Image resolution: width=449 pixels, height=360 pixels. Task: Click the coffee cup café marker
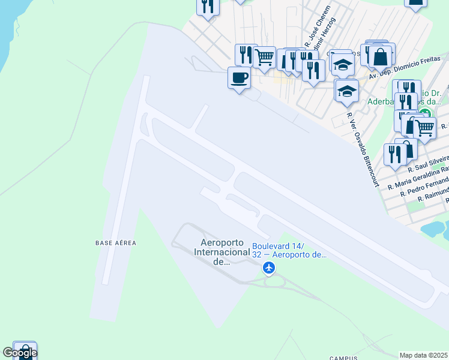pyautogui.click(x=239, y=77)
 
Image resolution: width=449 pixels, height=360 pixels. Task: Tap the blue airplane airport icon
pyautogui.click(x=269, y=267)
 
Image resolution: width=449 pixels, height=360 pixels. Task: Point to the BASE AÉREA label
pyautogui.click(x=116, y=243)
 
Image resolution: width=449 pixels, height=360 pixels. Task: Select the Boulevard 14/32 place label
pyautogui.click(x=289, y=251)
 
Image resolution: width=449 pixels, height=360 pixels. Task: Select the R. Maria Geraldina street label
pyautogui.click(x=419, y=177)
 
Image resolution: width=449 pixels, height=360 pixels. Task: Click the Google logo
pyautogui.click(x=19, y=353)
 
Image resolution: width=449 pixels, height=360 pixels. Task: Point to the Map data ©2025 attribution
pyautogui.click(x=424, y=355)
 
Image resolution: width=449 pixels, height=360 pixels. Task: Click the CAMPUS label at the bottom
pyautogui.click(x=343, y=358)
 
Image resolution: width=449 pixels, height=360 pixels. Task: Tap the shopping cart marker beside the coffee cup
pyautogui.click(x=264, y=57)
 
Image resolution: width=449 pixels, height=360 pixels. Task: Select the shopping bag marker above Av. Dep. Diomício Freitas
pyautogui.click(x=380, y=57)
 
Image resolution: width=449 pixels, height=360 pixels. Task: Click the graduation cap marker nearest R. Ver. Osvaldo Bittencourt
pyautogui.click(x=346, y=91)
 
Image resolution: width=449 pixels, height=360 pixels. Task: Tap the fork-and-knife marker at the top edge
pyautogui.click(x=208, y=6)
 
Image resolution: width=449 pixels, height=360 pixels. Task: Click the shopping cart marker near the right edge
pyautogui.click(x=424, y=127)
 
